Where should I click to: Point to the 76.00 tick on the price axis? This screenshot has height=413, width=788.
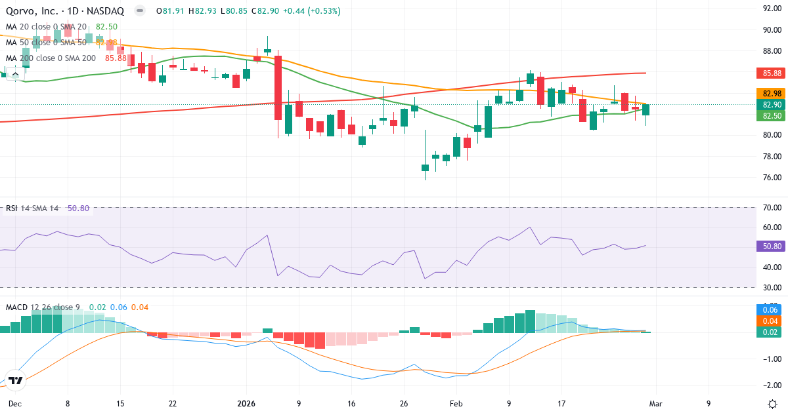tap(770, 178)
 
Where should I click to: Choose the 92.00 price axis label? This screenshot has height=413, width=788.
tap(770, 9)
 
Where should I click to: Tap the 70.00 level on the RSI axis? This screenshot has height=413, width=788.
tap(770, 208)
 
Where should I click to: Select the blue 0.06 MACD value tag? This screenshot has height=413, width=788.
tap(771, 309)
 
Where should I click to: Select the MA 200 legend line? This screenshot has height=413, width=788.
tap(51, 58)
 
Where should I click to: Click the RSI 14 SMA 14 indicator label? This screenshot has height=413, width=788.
tap(32, 208)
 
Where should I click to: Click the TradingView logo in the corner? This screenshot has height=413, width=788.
tap(16, 380)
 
